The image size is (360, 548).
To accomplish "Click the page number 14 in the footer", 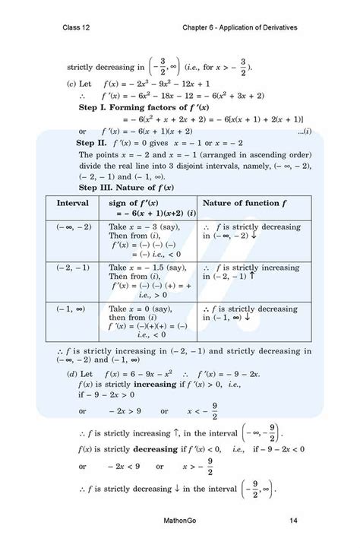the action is tap(293, 520).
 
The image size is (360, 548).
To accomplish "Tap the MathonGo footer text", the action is tap(181, 520).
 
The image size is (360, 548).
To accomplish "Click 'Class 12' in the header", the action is tap(78, 27).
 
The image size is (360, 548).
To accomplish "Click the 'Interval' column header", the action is tap(73, 204).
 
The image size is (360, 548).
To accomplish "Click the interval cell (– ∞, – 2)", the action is tap(74, 226).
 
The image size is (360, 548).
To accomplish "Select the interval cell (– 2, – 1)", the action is tap(73, 268).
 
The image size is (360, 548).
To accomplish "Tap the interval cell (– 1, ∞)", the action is tap(73, 309).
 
